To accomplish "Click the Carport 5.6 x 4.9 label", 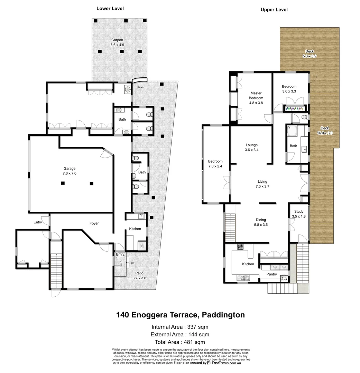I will click(117, 42).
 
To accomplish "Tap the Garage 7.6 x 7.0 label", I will click(69, 171).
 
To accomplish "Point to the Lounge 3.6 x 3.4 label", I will click(251, 147).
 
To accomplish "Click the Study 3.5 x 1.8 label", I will click(298, 214).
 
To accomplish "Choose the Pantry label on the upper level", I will click(271, 274).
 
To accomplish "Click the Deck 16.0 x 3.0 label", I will click(324, 130).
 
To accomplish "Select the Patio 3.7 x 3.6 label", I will click(141, 275).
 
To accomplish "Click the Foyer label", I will click(94, 223).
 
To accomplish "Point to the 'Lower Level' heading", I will click(110, 8).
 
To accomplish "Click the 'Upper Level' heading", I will click(274, 10).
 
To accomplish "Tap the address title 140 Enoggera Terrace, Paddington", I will click(180, 315).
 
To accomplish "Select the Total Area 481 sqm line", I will click(180, 342).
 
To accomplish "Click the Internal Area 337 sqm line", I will click(180, 327).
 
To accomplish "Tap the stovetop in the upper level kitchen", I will click(239, 247).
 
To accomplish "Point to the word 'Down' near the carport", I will click(140, 87).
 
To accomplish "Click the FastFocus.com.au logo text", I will click(226, 363).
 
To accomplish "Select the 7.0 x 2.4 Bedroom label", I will click(215, 164).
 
